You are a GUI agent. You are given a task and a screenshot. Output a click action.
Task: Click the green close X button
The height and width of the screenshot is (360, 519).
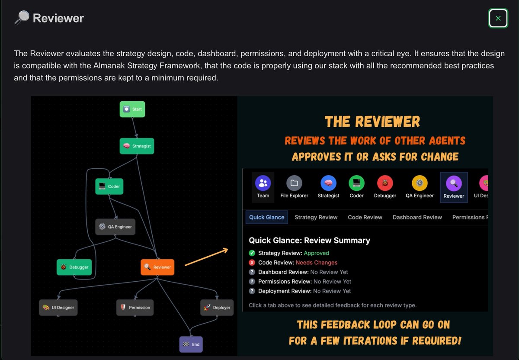(x=498, y=18)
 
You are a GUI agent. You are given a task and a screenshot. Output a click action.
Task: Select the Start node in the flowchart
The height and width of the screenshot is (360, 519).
(x=132, y=109)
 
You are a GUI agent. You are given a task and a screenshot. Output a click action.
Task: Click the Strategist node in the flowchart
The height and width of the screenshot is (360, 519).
(x=137, y=146)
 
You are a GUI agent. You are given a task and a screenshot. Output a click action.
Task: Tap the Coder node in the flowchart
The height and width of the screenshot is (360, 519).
(x=109, y=186)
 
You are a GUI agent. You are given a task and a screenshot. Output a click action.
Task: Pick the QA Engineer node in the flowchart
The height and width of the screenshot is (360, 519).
(x=115, y=226)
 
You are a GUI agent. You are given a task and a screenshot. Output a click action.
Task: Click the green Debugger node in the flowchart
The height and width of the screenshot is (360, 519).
(x=74, y=267)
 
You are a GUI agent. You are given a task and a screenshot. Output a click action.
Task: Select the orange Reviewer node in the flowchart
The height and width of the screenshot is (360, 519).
(x=157, y=267)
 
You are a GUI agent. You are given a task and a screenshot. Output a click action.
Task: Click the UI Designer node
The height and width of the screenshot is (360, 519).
(x=58, y=307)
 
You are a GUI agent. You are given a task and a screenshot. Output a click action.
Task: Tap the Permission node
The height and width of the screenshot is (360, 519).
(x=135, y=307)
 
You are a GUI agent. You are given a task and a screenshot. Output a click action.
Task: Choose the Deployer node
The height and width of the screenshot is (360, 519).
(x=217, y=307)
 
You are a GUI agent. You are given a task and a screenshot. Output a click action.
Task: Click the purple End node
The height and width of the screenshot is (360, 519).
(x=191, y=344)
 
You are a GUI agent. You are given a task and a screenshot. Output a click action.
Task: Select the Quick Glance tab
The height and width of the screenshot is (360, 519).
(x=266, y=217)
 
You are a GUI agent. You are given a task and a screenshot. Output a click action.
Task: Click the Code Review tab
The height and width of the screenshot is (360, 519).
(x=365, y=217)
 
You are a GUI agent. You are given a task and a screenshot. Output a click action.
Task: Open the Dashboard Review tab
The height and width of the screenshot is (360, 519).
(x=417, y=217)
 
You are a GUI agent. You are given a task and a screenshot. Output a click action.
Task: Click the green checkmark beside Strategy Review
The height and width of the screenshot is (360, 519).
(x=252, y=253)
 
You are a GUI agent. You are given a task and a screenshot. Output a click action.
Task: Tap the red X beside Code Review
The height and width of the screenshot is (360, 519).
(x=252, y=263)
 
